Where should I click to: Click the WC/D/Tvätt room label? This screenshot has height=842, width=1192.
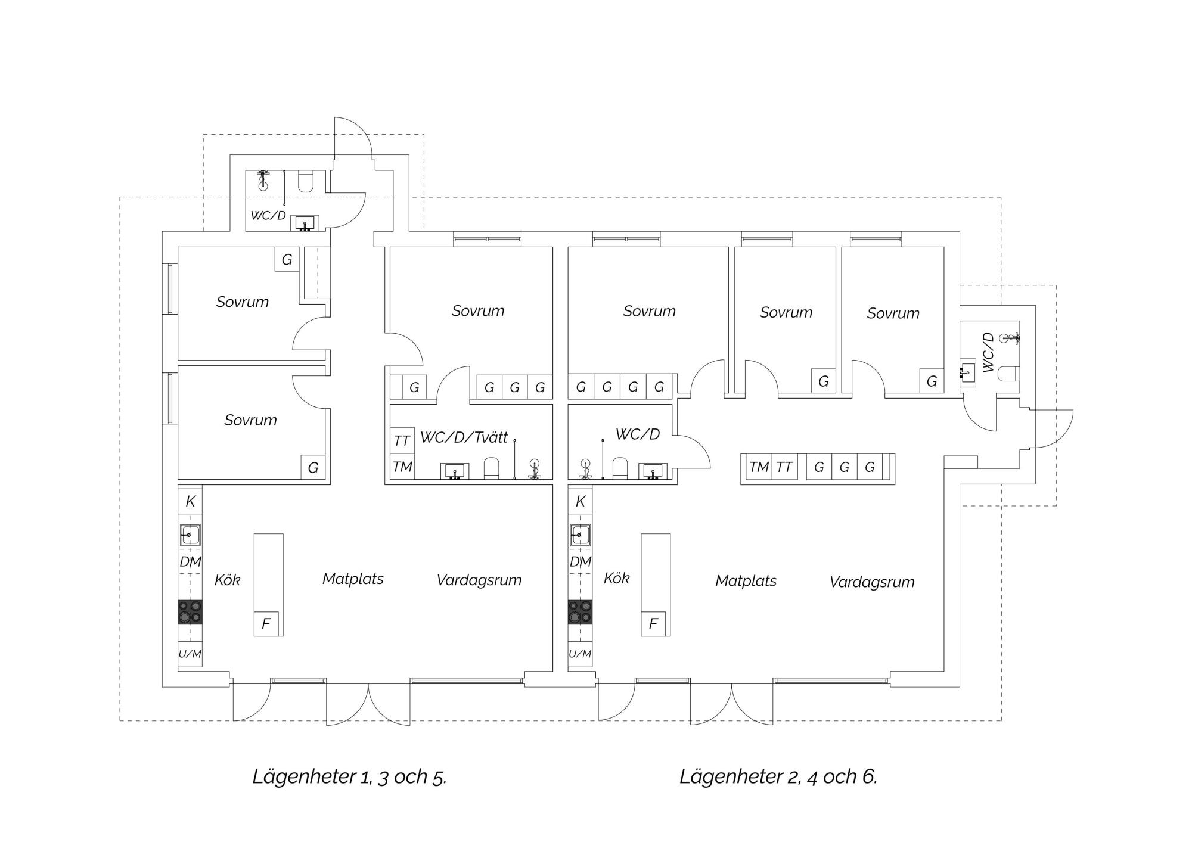464,437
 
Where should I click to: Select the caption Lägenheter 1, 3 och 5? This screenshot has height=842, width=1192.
350,776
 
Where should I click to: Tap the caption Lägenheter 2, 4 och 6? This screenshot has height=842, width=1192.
778,776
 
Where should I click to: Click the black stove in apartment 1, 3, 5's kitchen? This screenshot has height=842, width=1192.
190,612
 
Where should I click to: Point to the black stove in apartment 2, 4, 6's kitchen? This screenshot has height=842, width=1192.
580,612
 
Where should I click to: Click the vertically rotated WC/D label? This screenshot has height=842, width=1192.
988,352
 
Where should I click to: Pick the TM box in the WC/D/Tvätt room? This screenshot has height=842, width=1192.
402,466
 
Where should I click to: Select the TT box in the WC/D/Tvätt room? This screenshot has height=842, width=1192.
402,440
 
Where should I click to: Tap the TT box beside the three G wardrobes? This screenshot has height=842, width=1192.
784,467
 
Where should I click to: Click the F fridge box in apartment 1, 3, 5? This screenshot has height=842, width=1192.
266,623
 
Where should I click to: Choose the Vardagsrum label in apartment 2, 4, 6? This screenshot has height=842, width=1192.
872,582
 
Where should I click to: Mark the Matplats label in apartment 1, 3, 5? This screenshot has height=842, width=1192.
353,579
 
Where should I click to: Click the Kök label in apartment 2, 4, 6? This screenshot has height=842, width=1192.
616,578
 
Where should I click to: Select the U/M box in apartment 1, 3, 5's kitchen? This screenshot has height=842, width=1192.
190,654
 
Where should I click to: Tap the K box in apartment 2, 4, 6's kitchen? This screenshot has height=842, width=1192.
580,501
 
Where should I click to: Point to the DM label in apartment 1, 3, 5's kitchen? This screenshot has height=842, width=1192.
191,561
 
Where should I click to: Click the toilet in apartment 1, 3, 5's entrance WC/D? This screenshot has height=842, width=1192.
306,182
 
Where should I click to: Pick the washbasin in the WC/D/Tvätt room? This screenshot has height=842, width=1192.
455,471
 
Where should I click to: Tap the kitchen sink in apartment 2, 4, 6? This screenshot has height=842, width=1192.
580,535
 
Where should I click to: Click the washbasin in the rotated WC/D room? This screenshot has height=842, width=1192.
968,372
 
